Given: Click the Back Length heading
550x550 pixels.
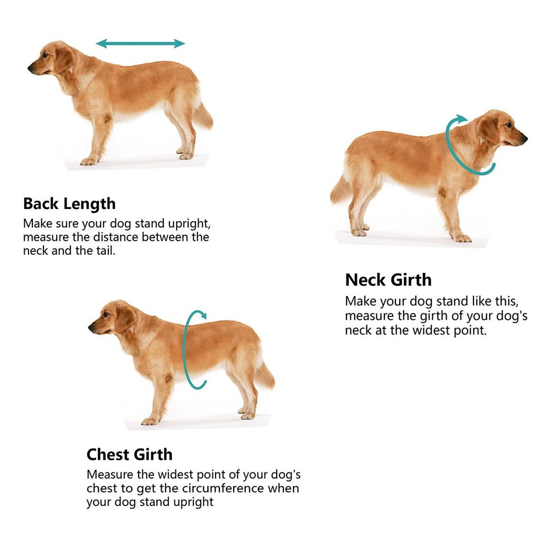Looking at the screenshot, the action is pyautogui.click(x=69, y=204).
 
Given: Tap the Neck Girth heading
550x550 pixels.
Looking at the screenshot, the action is pyautogui.click(x=388, y=280).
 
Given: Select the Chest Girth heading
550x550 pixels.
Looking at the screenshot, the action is pyautogui.click(x=129, y=455).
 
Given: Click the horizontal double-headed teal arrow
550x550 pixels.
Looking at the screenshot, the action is pyautogui.click(x=140, y=43).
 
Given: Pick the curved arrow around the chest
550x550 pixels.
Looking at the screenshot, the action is pyautogui.click(x=184, y=351).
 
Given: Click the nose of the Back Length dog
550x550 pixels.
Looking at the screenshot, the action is pyautogui.click(x=30, y=68).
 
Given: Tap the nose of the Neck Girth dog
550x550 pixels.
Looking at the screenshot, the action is pyautogui.click(x=525, y=139).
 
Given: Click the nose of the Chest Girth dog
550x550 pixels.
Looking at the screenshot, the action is pyautogui.click(x=91, y=327).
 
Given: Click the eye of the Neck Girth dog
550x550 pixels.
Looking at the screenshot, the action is pyautogui.click(x=508, y=125).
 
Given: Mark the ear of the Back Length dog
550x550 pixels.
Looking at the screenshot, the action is pyautogui.click(x=63, y=59).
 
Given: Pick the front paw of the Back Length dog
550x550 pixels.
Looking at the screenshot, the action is pyautogui.click(x=89, y=161).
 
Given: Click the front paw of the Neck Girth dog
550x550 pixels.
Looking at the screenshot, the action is pyautogui.click(x=463, y=239).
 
